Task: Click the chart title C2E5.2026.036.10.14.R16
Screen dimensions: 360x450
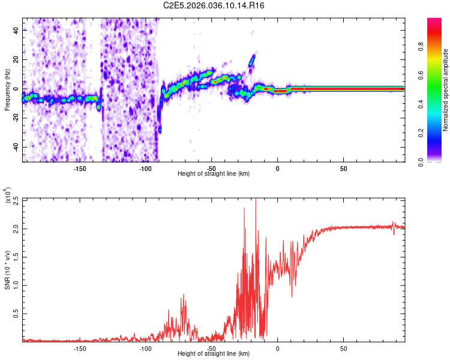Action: (x=214, y=5)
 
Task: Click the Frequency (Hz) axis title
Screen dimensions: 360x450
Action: (x=7, y=90)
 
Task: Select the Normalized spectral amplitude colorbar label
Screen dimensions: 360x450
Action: (x=446, y=90)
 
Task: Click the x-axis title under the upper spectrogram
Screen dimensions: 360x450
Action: (x=214, y=174)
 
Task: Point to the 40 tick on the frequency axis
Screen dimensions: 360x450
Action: (x=16, y=30)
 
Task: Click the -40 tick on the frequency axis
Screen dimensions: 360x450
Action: (x=14, y=147)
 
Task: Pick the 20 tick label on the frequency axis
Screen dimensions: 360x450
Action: (x=16, y=59)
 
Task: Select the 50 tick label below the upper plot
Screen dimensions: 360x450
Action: (x=343, y=167)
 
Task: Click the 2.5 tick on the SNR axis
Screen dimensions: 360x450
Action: (x=16, y=199)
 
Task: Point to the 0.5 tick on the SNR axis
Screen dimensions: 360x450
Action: (x=16, y=313)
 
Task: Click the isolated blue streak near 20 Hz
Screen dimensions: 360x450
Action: (x=253, y=60)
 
